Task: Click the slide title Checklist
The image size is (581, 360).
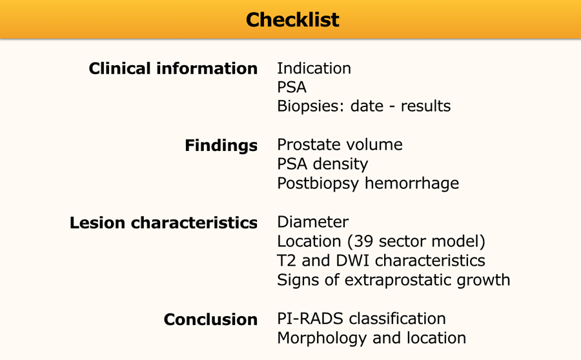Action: coord(292,19)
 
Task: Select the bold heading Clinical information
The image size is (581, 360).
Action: coord(173,68)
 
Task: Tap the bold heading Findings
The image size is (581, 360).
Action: coord(221,145)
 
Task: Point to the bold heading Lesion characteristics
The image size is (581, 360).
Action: coord(163,223)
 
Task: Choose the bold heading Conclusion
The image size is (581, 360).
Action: coord(210,319)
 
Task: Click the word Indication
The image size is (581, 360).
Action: coord(314,68)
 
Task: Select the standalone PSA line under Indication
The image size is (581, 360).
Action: coord(292,87)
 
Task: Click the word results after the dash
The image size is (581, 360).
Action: coord(426,106)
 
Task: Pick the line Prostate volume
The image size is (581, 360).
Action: coord(340,145)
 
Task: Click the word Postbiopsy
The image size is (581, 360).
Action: coord(318,183)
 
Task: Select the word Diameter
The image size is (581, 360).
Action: coord(312,222)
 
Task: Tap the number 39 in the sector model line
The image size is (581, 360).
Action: coord(363,241)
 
